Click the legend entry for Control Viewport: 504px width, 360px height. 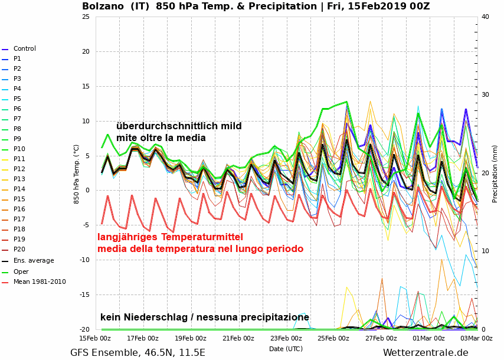(24, 49)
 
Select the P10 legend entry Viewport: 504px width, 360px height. (19, 149)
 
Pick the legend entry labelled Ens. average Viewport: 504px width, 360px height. (33, 260)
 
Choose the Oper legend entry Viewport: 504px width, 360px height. (21, 271)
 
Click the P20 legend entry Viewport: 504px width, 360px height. (19, 250)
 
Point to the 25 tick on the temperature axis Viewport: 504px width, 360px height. (86, 17)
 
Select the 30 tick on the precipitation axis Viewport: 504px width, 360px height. (485, 94)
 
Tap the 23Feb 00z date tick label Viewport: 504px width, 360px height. (286, 338)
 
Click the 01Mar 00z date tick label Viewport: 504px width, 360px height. (428, 338)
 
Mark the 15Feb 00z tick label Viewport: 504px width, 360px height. (96, 338)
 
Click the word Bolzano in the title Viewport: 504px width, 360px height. (104, 6)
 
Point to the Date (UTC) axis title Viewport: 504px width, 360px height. (286, 349)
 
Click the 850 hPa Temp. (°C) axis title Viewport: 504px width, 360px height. (77, 173)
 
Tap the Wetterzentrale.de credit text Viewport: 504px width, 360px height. (426, 353)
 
